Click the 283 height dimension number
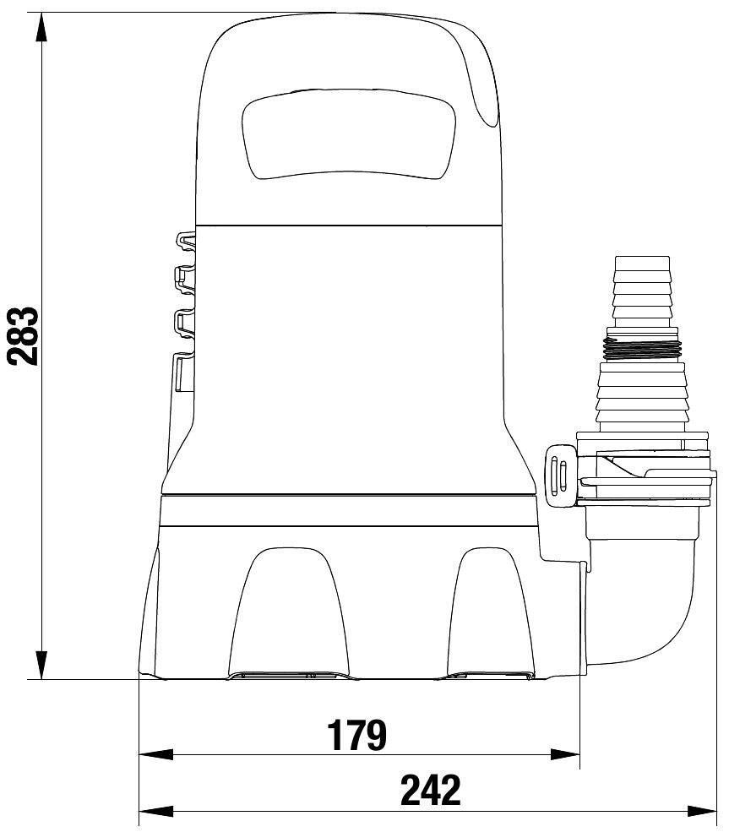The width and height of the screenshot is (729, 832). tap(24, 336)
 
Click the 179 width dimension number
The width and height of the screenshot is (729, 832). tap(356, 735)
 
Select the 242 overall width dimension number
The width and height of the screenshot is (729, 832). tap(430, 791)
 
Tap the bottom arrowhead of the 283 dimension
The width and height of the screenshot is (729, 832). tap(41, 662)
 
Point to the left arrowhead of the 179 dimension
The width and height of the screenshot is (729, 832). tap(156, 754)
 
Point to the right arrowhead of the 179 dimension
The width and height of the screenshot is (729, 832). tap(563, 754)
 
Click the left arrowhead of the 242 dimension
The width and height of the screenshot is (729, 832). tap(156, 811)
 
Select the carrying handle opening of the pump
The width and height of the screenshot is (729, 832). tap(349, 133)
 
